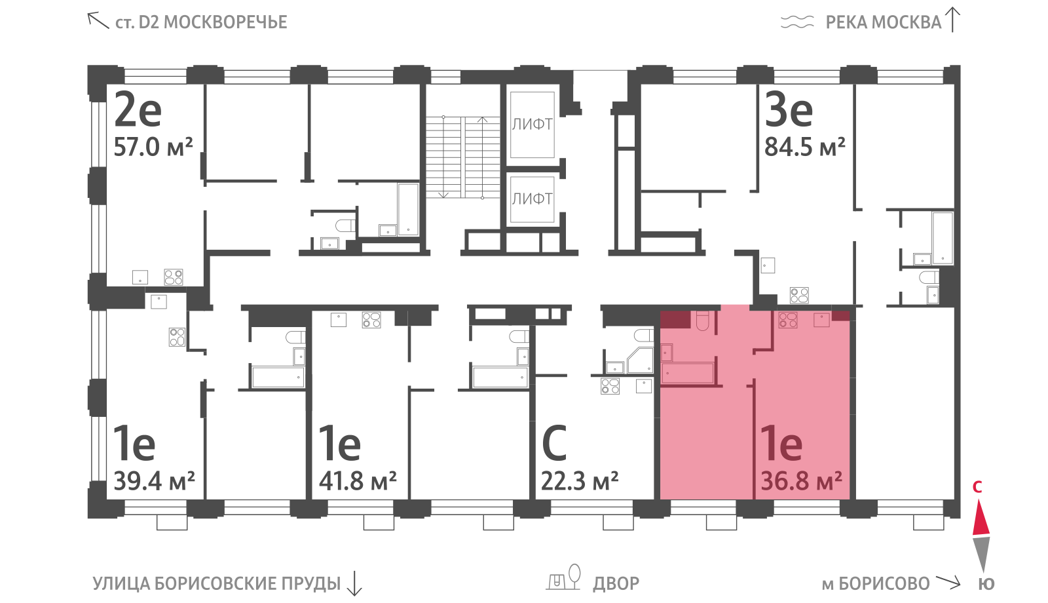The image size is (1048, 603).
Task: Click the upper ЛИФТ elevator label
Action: point(532,124)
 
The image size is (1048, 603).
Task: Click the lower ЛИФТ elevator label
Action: point(532,199)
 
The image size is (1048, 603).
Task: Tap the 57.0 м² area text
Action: point(153,147)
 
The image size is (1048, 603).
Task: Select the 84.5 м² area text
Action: point(805,147)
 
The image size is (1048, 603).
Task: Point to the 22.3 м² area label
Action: point(580,480)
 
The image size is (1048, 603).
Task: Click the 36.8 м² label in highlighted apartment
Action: point(802,480)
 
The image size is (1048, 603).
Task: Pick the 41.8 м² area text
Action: point(358,480)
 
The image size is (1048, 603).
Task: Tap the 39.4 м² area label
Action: point(154,480)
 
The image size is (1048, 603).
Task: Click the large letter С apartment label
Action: point(554,443)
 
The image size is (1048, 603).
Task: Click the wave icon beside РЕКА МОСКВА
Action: point(797,22)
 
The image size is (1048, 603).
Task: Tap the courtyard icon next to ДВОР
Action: point(563,577)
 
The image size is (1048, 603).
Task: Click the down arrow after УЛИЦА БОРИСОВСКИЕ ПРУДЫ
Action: point(354,583)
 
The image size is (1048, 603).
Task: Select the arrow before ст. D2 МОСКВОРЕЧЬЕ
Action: point(98,20)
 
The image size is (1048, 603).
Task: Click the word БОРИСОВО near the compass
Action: point(884,584)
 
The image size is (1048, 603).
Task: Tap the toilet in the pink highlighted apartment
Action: point(703,321)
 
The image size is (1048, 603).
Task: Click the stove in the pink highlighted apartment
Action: point(788,320)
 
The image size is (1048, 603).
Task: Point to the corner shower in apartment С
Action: point(640,360)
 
